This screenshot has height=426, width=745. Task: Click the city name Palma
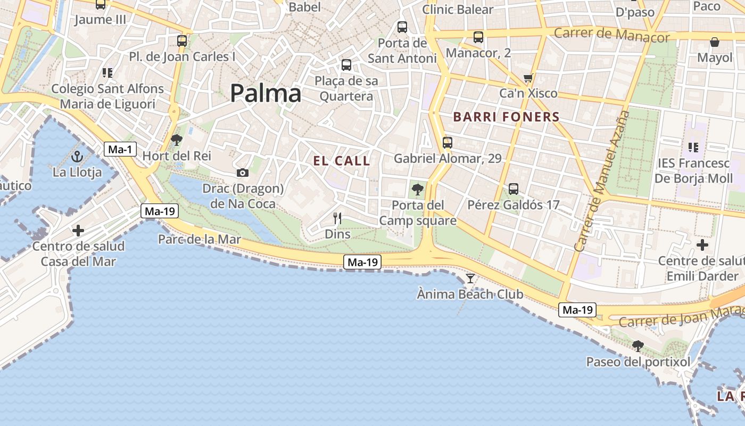[x=266, y=94]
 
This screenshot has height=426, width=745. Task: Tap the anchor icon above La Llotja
[x=77, y=157]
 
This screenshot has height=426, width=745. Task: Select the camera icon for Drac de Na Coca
[x=243, y=173]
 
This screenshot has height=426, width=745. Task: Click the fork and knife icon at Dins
[x=337, y=218]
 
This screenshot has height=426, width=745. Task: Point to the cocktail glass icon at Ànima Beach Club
[x=470, y=278]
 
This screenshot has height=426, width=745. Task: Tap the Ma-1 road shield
[x=120, y=149]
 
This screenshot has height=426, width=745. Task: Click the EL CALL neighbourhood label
[x=342, y=161]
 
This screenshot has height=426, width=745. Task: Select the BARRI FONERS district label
[x=506, y=117]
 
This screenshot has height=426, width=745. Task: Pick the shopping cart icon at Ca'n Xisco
[x=528, y=78]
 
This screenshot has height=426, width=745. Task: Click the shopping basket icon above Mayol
[x=715, y=42]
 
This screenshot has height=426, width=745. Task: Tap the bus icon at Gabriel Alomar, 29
[x=448, y=143]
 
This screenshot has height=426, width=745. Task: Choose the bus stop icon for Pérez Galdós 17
[x=514, y=189]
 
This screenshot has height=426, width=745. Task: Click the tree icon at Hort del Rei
[x=177, y=140]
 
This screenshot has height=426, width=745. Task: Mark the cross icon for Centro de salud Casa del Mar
[x=78, y=231]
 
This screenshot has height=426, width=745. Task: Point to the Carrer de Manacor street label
[x=611, y=35]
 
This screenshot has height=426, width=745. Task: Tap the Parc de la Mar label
[x=200, y=240]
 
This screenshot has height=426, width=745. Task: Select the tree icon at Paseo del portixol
[x=638, y=346]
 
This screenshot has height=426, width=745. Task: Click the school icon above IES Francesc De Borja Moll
[x=693, y=147]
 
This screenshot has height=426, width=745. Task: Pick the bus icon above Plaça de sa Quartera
[x=346, y=65]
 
